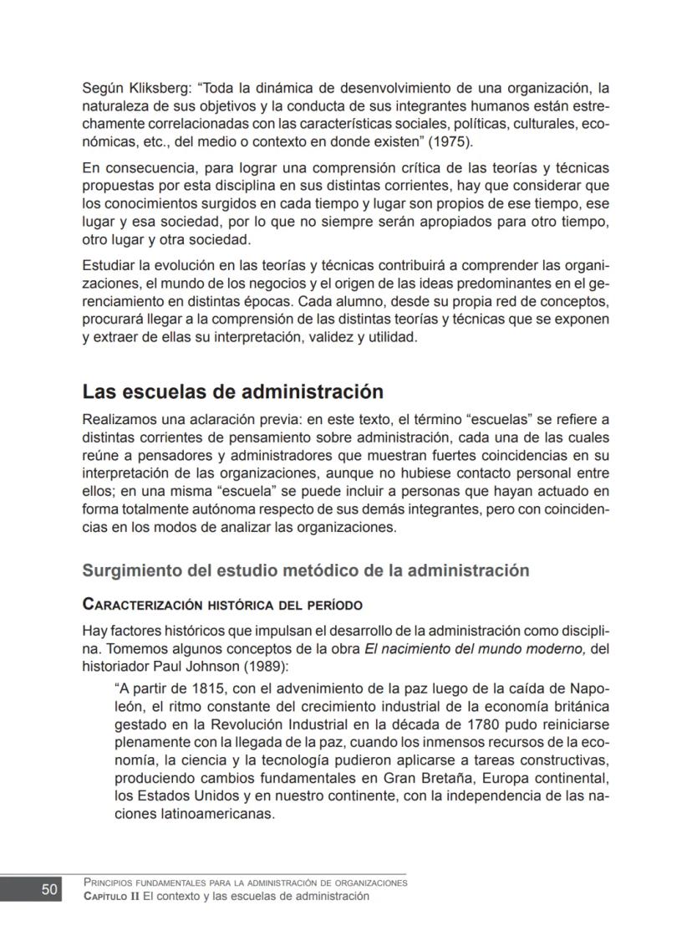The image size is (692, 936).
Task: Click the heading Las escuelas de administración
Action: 232,392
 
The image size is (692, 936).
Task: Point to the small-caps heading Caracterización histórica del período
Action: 221,605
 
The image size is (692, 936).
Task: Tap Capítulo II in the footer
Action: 111,897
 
